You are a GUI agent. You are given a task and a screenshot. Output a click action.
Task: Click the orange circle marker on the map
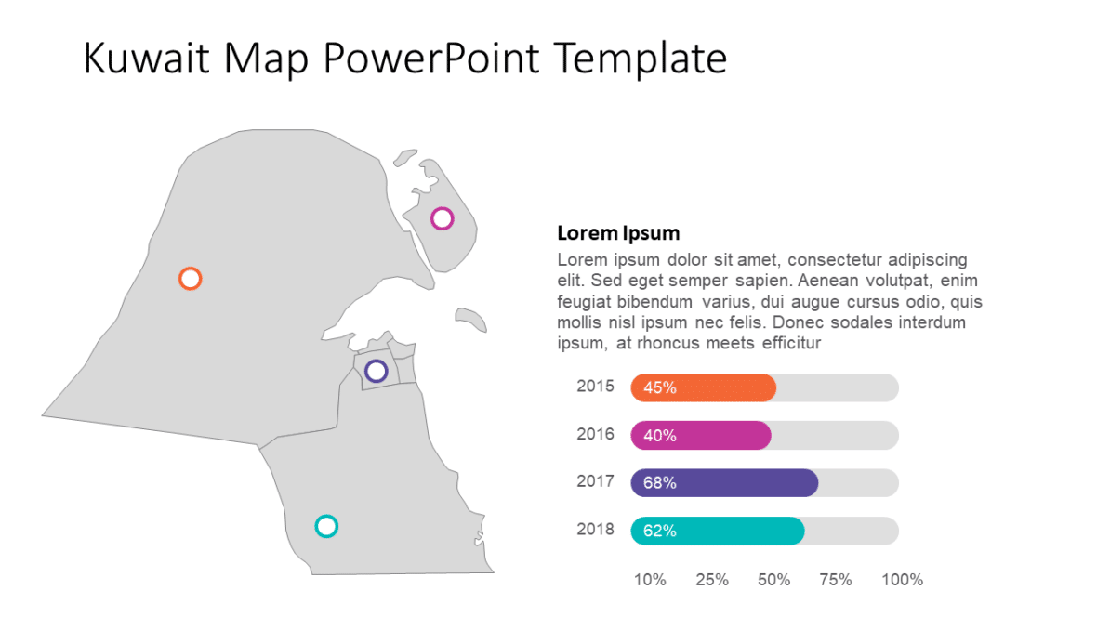tap(190, 279)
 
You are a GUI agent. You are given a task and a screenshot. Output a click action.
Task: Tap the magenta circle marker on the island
tap(443, 218)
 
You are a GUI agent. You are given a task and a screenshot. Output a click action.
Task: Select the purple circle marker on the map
tap(376, 372)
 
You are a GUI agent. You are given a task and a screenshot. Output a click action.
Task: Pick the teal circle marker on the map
tap(325, 527)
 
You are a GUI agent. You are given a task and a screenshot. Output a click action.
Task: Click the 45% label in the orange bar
tap(659, 388)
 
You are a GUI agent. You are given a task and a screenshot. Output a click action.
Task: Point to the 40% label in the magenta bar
tap(659, 436)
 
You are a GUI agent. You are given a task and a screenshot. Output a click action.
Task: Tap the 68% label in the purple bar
tap(659, 483)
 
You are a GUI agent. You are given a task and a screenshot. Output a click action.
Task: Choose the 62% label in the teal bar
tap(659, 532)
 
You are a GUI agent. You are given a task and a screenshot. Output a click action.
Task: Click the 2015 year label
tap(595, 386)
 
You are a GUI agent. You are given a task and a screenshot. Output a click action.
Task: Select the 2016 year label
tap(595, 434)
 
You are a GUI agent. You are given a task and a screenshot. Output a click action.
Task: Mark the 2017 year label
tap(595, 481)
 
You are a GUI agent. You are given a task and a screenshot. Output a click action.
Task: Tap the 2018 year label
tap(595, 530)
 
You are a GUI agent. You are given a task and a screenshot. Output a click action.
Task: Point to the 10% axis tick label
tap(650, 580)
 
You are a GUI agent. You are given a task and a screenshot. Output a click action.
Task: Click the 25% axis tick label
tap(712, 580)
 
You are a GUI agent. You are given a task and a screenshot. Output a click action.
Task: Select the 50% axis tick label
tap(774, 580)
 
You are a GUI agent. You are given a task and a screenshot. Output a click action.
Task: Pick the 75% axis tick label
tap(836, 580)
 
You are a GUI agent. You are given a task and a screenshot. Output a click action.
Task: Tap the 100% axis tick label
tap(902, 580)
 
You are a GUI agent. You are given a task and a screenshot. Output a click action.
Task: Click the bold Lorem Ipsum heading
tap(618, 233)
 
